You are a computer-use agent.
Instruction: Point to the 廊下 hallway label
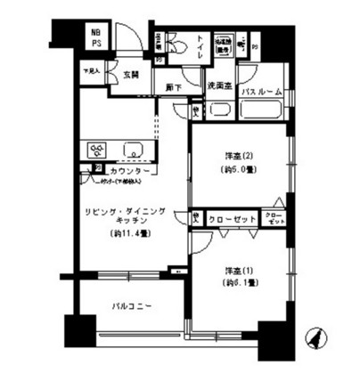tap(173, 88)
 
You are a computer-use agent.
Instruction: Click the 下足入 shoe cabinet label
tap(92, 68)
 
